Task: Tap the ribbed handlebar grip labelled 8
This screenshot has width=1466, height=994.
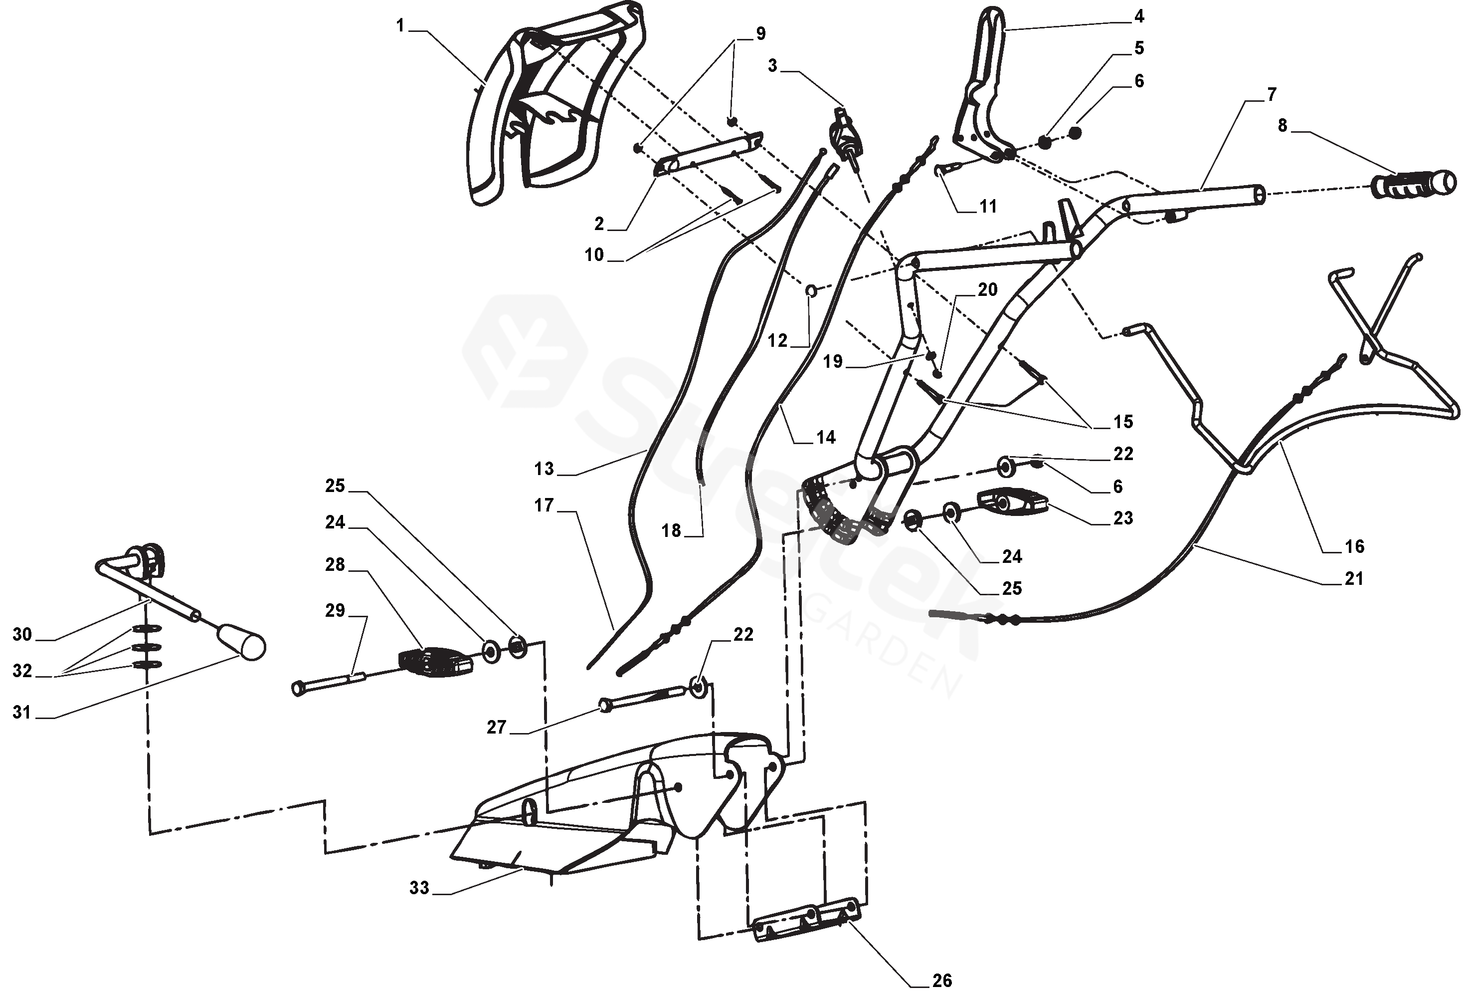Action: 1414,186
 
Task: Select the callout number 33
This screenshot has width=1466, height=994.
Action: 419,888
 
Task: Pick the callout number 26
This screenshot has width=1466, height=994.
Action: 942,980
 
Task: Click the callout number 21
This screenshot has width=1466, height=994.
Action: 1354,578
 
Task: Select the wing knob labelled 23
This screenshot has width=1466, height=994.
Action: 1012,501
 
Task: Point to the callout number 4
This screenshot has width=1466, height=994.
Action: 1138,16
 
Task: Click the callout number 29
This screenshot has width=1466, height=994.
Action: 335,610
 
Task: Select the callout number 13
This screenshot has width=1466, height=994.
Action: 544,469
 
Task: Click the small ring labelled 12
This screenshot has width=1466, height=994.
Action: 811,290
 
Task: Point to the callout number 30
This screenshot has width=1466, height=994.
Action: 22,634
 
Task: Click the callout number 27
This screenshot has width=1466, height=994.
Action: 497,727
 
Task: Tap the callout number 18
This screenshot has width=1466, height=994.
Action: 671,531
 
